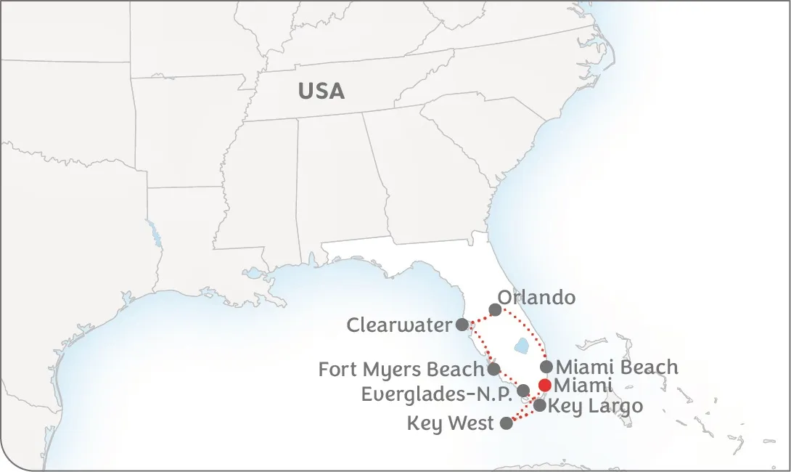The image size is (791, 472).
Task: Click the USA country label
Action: pos(321,91)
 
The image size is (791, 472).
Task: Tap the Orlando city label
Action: pos(536,298)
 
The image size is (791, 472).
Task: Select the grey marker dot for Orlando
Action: pos(495,310)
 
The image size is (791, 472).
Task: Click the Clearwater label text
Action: pos(399,325)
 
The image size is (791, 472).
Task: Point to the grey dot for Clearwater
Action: pos(462,325)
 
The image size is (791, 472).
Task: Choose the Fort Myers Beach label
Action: pos(401,370)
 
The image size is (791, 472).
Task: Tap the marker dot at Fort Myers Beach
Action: pos(493,369)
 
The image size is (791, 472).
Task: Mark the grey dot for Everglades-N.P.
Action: pos(523,391)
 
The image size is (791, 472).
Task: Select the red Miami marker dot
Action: pos(544,385)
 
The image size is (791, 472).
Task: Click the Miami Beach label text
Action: pos(617,367)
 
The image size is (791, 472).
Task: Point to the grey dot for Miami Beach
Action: pos(546,367)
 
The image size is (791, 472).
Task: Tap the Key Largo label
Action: pos(595,405)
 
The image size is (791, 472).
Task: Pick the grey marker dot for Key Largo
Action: pos(540,405)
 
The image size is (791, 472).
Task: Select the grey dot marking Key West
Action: pos(507,423)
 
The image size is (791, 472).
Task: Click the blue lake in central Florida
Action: pos(520,346)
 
